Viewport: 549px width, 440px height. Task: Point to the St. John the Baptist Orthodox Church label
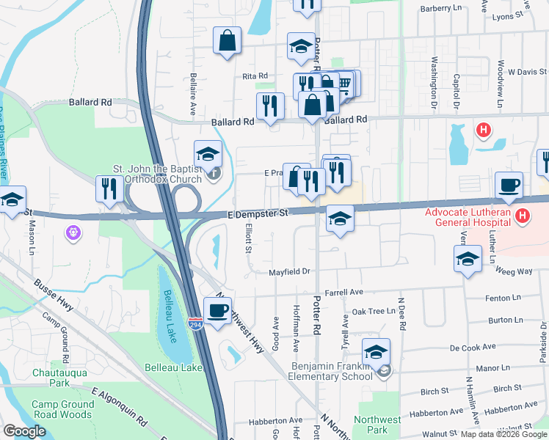point(156,174)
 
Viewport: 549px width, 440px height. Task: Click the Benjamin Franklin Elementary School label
point(332,372)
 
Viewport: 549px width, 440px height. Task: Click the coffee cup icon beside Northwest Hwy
point(217,309)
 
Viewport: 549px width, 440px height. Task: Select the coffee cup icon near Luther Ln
point(509,185)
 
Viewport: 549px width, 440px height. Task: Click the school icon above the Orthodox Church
point(208,154)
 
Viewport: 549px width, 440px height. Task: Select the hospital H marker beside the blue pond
point(483,131)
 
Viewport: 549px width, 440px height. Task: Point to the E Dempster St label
point(257,213)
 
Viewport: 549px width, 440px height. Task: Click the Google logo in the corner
point(24,431)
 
